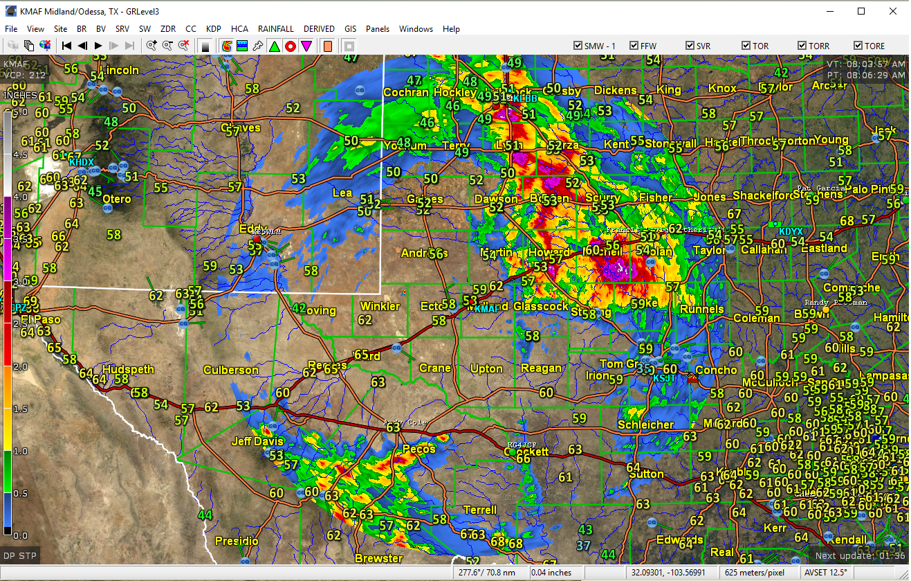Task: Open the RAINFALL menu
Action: tap(275, 29)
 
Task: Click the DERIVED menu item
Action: tap(319, 29)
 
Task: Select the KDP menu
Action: tap(213, 29)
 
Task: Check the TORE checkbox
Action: tap(858, 46)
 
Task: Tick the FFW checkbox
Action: tap(634, 46)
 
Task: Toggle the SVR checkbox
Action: tap(690, 46)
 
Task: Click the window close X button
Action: tap(893, 11)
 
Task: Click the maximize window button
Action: tap(861, 11)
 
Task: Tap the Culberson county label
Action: tap(230, 370)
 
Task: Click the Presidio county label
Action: tap(237, 541)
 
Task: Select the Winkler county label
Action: tap(380, 306)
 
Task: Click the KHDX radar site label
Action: tap(81, 162)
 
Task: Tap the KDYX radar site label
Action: tap(791, 232)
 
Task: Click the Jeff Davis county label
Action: tap(257, 441)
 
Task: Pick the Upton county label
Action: tap(486, 368)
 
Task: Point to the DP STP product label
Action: tap(19, 555)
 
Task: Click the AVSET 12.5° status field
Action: tap(825, 573)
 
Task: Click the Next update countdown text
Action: tap(860, 555)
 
